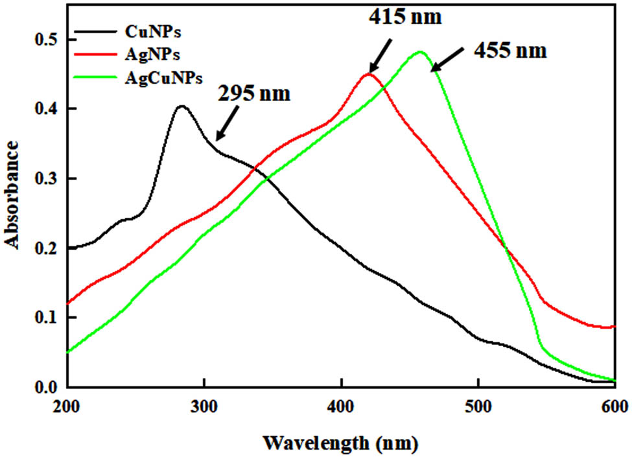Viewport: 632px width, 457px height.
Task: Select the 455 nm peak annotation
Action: point(510,51)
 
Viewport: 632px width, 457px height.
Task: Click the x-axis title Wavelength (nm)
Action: point(340,443)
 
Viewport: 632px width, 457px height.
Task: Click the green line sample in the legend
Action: point(97,77)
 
